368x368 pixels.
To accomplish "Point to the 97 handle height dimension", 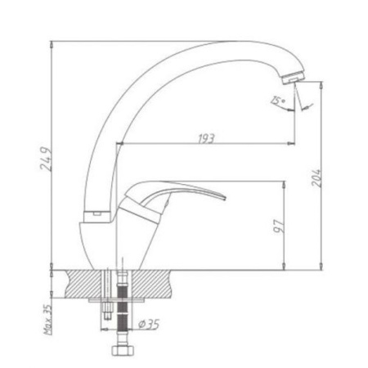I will coord(278,224).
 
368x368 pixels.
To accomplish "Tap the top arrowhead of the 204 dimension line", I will coord(320,83).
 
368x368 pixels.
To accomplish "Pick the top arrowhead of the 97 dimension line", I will coord(283,183).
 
